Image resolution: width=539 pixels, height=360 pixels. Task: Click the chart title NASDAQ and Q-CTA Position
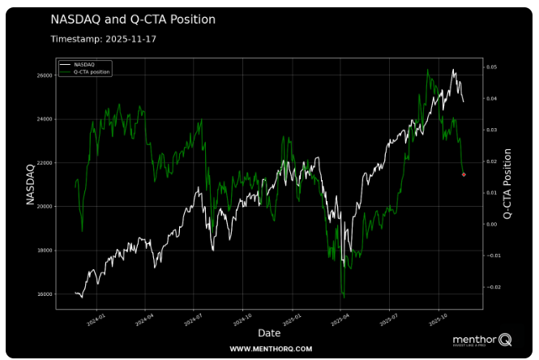coord(133,19)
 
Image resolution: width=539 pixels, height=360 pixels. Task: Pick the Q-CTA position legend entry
coord(92,71)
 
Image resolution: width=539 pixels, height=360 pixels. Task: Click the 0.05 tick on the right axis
coord(491,67)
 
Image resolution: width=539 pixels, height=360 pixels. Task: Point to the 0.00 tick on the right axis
coord(491,225)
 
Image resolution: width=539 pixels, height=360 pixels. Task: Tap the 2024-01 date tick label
coord(97,319)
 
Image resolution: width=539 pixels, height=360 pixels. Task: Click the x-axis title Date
coord(269,333)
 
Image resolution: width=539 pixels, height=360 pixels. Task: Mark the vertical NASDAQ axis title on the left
coord(31,183)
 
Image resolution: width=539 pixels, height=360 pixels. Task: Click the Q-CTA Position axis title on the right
coord(508,183)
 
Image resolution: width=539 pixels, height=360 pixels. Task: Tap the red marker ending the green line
coord(464,174)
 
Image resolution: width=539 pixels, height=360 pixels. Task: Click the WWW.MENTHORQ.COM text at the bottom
coord(271,349)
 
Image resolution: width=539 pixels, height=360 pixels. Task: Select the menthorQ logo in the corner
coord(481,340)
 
